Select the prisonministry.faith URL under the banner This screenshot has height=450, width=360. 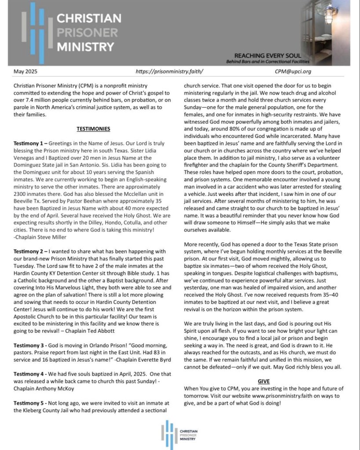[169, 71]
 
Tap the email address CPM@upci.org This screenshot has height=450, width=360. [293, 71]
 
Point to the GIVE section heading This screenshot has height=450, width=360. [263, 381]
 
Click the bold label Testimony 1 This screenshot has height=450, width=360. [29, 143]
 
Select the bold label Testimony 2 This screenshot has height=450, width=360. [29, 251]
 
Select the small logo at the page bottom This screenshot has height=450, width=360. [179, 432]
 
